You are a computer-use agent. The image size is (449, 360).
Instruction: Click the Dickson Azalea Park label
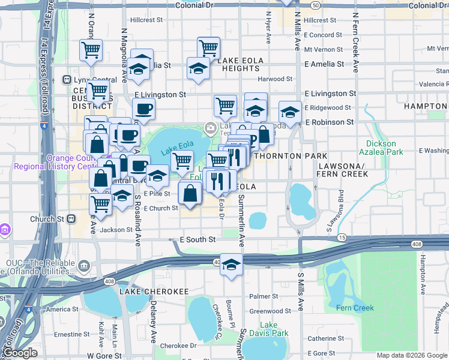381,148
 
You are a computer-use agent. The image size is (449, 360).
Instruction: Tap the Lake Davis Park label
274,329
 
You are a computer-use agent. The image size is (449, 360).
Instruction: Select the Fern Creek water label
355,308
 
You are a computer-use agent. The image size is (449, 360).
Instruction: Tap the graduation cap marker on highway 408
231,265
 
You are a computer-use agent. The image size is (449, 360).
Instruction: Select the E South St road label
197,239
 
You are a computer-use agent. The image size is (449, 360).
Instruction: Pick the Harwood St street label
275,79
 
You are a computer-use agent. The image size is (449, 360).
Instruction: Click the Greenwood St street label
270,311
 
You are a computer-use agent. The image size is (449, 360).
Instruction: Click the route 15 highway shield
342,238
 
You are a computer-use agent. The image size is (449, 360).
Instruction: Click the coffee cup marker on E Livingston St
143,110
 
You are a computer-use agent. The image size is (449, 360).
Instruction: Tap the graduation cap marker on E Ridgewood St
290,112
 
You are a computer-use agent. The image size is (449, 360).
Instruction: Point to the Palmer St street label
260,296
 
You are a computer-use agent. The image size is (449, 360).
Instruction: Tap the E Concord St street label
323,35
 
